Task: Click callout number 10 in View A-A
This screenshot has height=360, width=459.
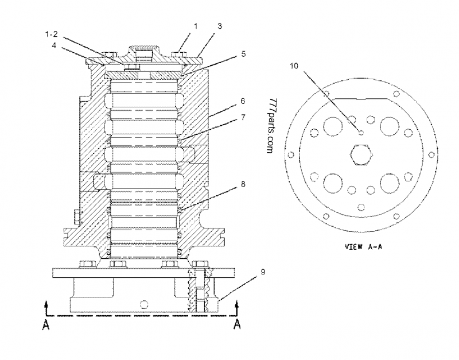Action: [294, 65]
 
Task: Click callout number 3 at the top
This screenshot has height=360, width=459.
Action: [219, 26]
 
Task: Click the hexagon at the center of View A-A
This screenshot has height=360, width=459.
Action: [360, 157]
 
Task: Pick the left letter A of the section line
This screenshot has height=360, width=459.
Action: [46, 325]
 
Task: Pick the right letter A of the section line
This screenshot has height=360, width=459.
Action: [236, 325]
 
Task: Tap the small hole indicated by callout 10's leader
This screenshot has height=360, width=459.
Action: [360, 132]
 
